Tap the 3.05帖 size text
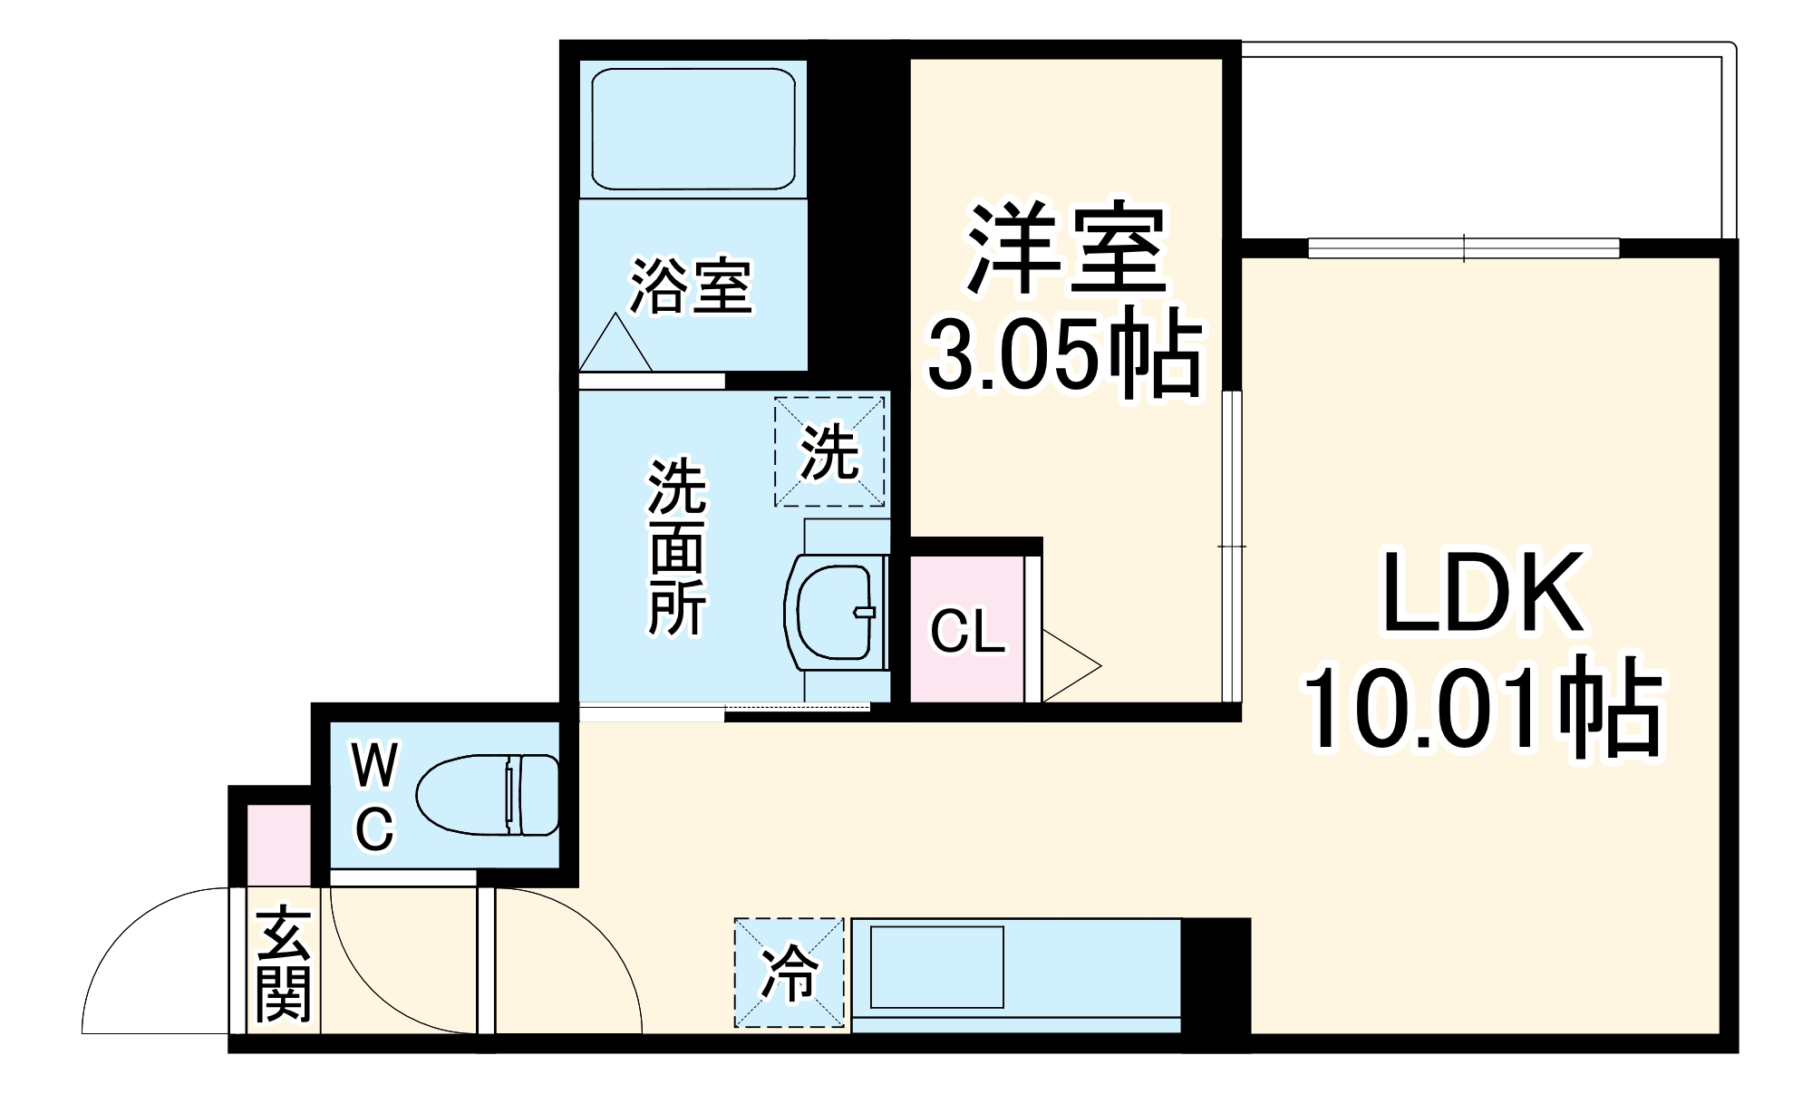click(1064, 353)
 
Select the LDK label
click(1483, 594)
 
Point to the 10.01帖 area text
click(1483, 707)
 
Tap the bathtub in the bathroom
click(693, 129)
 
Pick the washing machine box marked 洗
click(829, 451)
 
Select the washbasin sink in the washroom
click(836, 612)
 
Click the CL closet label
click(967, 631)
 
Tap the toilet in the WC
click(488, 795)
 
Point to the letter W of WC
click(374, 767)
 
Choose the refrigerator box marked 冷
click(790, 973)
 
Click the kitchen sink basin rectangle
click(936, 966)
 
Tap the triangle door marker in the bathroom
click(615, 345)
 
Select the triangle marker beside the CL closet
click(1068, 666)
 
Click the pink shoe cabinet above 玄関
click(278, 844)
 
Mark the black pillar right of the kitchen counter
click(1216, 975)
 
